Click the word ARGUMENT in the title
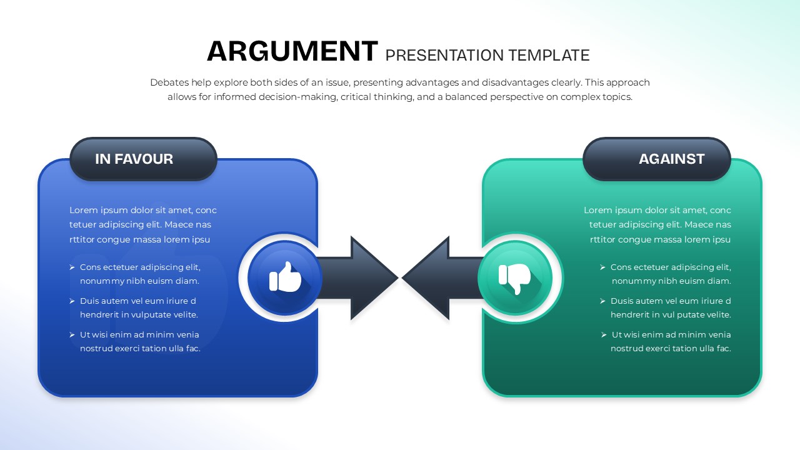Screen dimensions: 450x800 click(x=292, y=51)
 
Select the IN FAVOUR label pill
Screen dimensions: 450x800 click(x=143, y=159)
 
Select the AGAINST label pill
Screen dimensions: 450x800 click(x=657, y=159)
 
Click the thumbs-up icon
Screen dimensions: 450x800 click(x=285, y=277)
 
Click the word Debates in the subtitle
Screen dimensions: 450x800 click(x=168, y=82)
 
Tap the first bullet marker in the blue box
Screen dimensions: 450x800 click(x=72, y=267)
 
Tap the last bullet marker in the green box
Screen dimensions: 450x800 click(x=604, y=335)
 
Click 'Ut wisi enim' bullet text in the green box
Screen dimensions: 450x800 click(x=671, y=334)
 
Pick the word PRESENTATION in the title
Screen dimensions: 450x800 click(x=444, y=56)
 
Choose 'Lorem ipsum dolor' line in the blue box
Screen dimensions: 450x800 click(x=143, y=210)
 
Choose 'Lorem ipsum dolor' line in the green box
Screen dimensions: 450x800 click(x=657, y=210)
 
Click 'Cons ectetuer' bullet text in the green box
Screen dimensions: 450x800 click(x=671, y=267)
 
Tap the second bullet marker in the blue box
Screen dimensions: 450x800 click(x=72, y=301)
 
